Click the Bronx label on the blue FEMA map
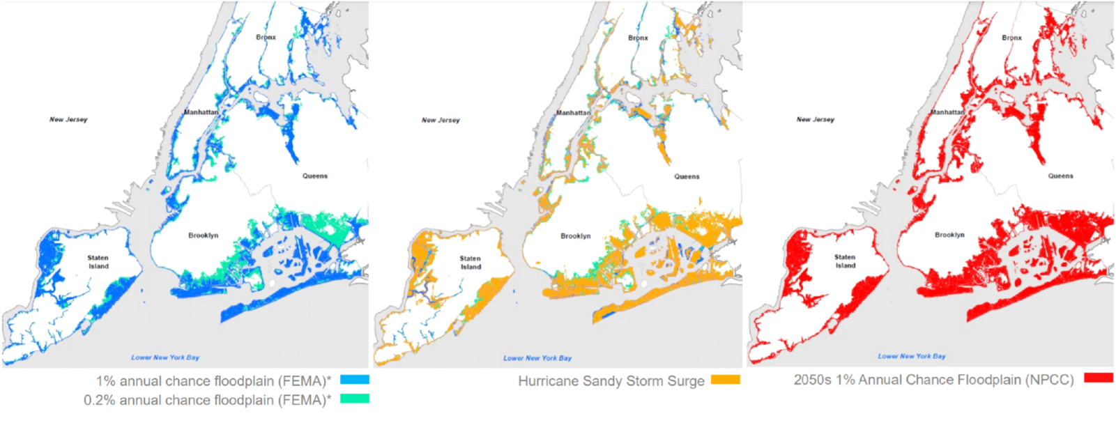[266, 37]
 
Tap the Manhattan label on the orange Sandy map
[573, 112]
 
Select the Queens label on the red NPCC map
[1060, 176]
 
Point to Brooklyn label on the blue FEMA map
[203, 235]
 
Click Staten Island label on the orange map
[470, 263]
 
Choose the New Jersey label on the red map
[815, 119]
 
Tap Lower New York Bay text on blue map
[165, 357]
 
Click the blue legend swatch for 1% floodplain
[354, 380]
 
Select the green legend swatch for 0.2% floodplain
[354, 399]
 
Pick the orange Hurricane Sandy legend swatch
[725, 380]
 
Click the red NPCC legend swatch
[1098, 378]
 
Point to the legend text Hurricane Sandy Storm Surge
[611, 381]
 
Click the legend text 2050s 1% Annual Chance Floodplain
[933, 380]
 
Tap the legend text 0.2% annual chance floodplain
[207, 400]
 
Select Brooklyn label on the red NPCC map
[949, 235]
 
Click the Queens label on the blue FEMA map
[314, 176]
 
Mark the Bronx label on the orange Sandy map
[638, 38]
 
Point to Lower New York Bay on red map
[911, 356]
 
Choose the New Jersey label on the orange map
[441, 120]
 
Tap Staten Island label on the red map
[845, 261]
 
